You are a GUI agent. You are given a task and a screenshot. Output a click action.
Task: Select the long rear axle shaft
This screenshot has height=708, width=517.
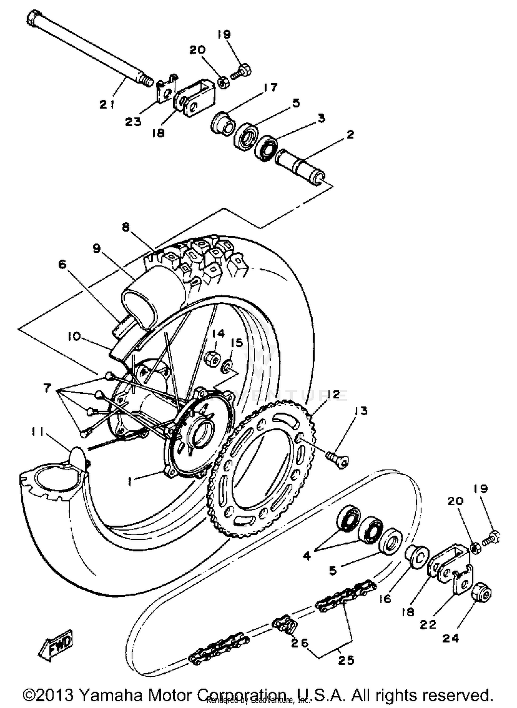(x=86, y=48)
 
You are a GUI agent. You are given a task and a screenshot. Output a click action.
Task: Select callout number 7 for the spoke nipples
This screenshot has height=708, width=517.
(x=47, y=388)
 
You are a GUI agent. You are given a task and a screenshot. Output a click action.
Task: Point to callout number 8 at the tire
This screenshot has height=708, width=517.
(x=125, y=228)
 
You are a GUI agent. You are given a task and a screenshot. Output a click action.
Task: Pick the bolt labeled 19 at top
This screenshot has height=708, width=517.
(x=241, y=71)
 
